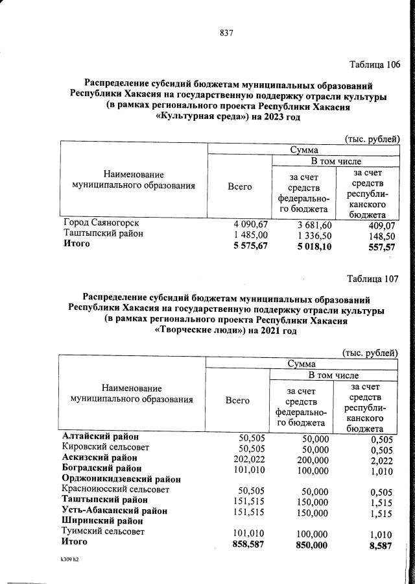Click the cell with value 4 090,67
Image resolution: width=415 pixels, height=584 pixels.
(250, 223)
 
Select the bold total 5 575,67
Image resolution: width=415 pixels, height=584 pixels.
(250, 245)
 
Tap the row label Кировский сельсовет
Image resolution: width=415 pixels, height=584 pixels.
(105, 447)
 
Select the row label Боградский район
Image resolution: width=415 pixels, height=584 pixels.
(101, 468)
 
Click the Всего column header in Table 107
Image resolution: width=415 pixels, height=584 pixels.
(237, 401)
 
